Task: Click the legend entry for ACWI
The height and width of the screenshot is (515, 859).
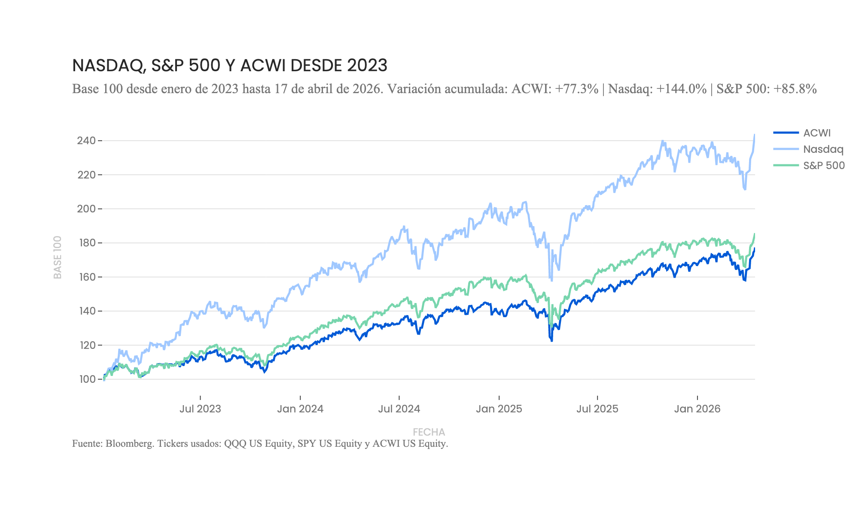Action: [816, 133]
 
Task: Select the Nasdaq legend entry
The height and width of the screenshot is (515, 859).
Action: [823, 149]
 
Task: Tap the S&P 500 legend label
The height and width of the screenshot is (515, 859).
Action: [823, 166]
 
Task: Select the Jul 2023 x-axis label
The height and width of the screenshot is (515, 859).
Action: [200, 409]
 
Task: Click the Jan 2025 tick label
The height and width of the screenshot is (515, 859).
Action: [499, 409]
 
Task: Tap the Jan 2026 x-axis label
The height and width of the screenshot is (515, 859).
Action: [697, 409]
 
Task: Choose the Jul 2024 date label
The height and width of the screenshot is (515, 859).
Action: [399, 409]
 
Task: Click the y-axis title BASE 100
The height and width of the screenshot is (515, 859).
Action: [58, 257]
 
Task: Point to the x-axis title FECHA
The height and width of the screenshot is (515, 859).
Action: [429, 432]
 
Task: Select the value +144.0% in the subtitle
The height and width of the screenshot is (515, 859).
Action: [681, 89]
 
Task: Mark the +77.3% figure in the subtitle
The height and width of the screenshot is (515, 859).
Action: [576, 89]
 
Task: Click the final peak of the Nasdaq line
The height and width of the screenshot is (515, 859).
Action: [754, 135]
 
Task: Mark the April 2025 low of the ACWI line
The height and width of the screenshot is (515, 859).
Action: [551, 341]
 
